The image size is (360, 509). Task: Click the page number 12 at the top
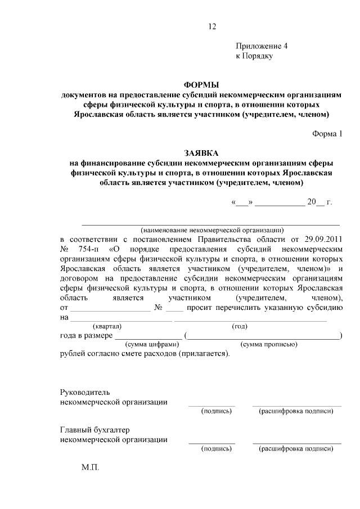[211, 26]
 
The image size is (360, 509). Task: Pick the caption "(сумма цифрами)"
[151, 344]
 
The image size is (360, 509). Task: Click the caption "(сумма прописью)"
[268, 344]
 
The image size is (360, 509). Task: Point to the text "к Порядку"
[254, 57]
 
